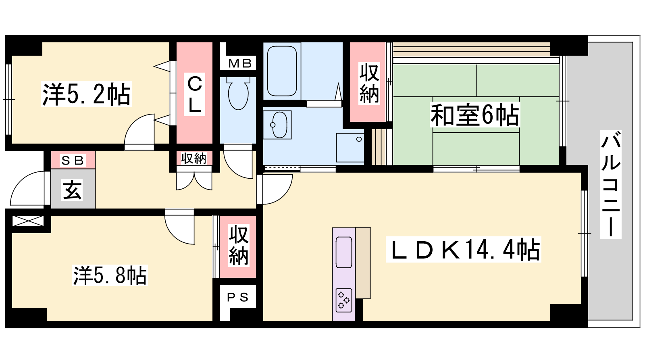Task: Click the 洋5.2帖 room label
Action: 86,94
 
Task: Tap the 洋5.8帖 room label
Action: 110,275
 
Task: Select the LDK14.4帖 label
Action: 463,249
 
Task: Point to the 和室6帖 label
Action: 474,115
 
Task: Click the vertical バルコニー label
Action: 610,184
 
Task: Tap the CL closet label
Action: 194,94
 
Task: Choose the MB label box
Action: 238,63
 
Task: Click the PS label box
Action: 238,297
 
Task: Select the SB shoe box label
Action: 73,160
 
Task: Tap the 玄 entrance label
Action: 72,190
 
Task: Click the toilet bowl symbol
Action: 238,93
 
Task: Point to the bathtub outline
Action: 282,71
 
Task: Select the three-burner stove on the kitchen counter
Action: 344,300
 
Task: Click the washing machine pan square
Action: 350,148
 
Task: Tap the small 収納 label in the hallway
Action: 194,158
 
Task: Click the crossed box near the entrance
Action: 28,221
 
